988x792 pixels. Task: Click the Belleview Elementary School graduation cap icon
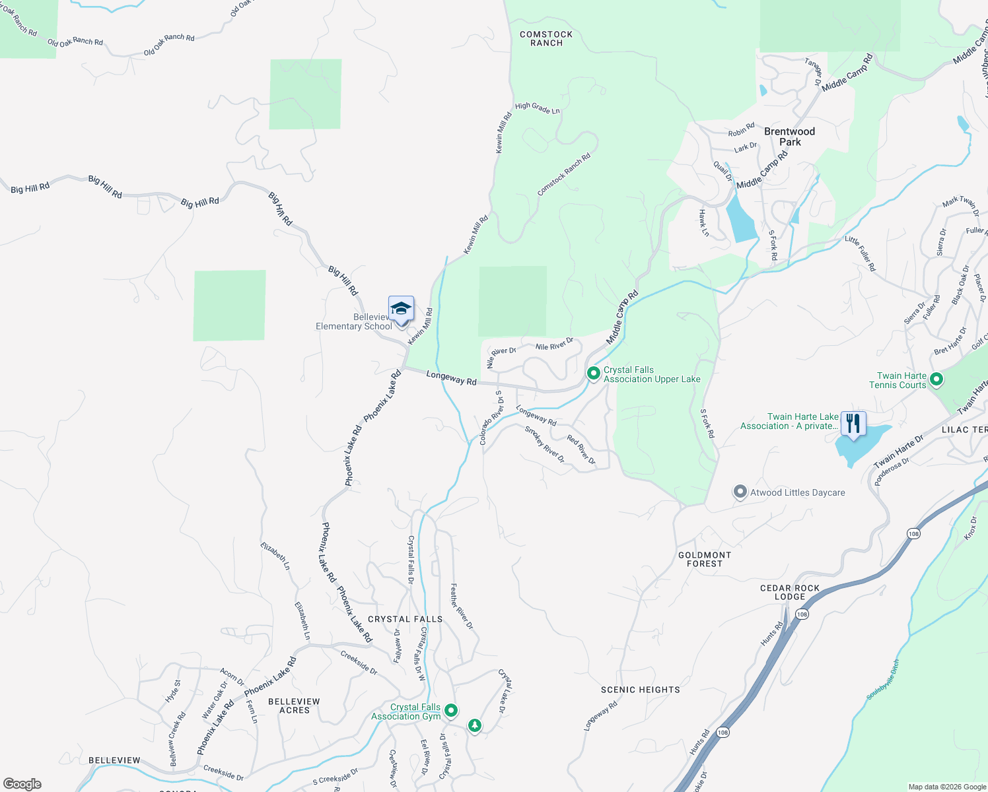click(x=401, y=309)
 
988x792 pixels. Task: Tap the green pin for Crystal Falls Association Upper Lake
click(x=593, y=374)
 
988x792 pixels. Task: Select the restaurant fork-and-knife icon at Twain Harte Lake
click(x=853, y=423)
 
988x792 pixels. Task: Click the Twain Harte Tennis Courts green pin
click(x=936, y=379)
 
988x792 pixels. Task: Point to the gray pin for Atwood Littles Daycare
click(x=740, y=492)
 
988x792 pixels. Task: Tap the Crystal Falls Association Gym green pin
click(x=451, y=710)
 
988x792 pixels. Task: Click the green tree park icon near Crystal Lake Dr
click(x=474, y=726)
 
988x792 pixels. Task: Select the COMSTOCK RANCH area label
click(x=546, y=38)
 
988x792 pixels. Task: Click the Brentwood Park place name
click(x=789, y=137)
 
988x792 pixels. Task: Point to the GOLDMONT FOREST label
click(x=705, y=559)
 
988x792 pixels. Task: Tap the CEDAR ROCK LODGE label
click(x=790, y=592)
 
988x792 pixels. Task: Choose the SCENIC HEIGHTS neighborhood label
click(x=640, y=690)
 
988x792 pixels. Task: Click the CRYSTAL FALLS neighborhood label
click(x=405, y=619)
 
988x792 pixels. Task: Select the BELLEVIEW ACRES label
click(x=294, y=706)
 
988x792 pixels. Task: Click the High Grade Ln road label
click(x=537, y=108)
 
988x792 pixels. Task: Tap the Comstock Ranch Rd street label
click(x=563, y=175)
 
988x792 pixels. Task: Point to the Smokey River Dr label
click(x=545, y=444)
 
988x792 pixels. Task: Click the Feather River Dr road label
click(x=462, y=605)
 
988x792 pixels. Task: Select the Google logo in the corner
click(x=22, y=783)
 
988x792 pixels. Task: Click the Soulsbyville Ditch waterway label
click(x=883, y=679)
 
